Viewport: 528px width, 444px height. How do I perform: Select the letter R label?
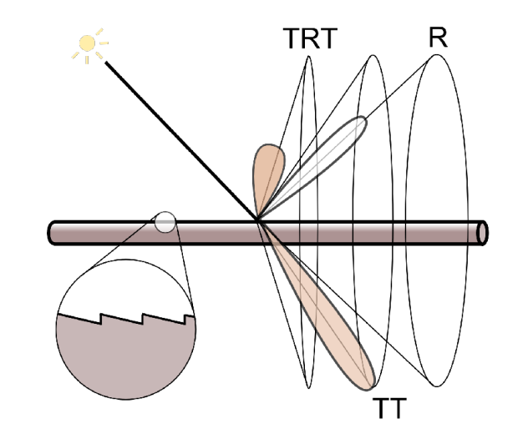coord(435,38)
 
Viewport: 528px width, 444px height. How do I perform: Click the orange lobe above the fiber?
coord(267,171)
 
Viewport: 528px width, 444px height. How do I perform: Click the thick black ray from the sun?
coord(175,134)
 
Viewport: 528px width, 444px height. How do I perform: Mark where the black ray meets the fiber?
coord(259,221)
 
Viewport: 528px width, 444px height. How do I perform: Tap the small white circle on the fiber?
coord(165,222)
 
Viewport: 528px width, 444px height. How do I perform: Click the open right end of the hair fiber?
coord(482,232)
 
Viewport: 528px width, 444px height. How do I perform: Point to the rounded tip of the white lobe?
coord(361,123)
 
